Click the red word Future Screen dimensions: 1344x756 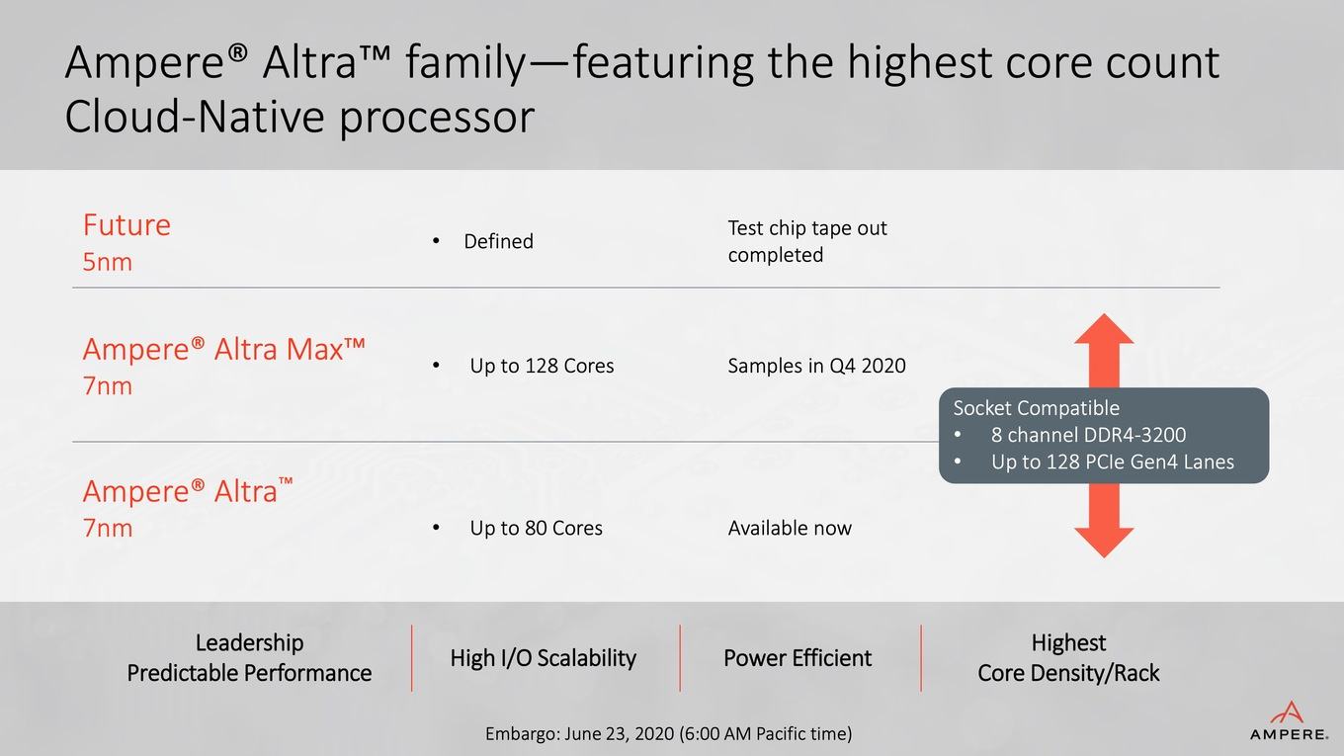[126, 225]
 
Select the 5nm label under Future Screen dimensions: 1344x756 [108, 262]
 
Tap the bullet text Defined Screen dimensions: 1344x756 [499, 241]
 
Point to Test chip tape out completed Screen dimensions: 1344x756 [807, 241]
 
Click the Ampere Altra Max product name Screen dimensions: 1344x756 [223, 349]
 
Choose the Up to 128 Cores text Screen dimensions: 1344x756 [542, 366]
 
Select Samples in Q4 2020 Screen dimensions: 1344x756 [816, 366]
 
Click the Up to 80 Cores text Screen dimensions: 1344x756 [536, 528]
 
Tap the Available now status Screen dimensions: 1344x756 [790, 528]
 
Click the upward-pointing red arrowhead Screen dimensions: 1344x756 [1104, 329]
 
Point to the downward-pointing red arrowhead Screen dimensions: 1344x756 [1104, 543]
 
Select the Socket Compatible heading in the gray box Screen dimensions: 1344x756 [1037, 408]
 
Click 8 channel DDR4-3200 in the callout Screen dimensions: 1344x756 [1088, 435]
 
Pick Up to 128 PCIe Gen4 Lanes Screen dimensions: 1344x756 [1113, 462]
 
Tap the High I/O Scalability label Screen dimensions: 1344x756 [543, 658]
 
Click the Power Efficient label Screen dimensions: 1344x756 [798, 658]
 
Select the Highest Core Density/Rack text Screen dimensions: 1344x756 [1068, 658]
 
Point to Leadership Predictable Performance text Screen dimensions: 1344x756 [249, 658]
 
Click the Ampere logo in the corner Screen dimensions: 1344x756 [1289, 720]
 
